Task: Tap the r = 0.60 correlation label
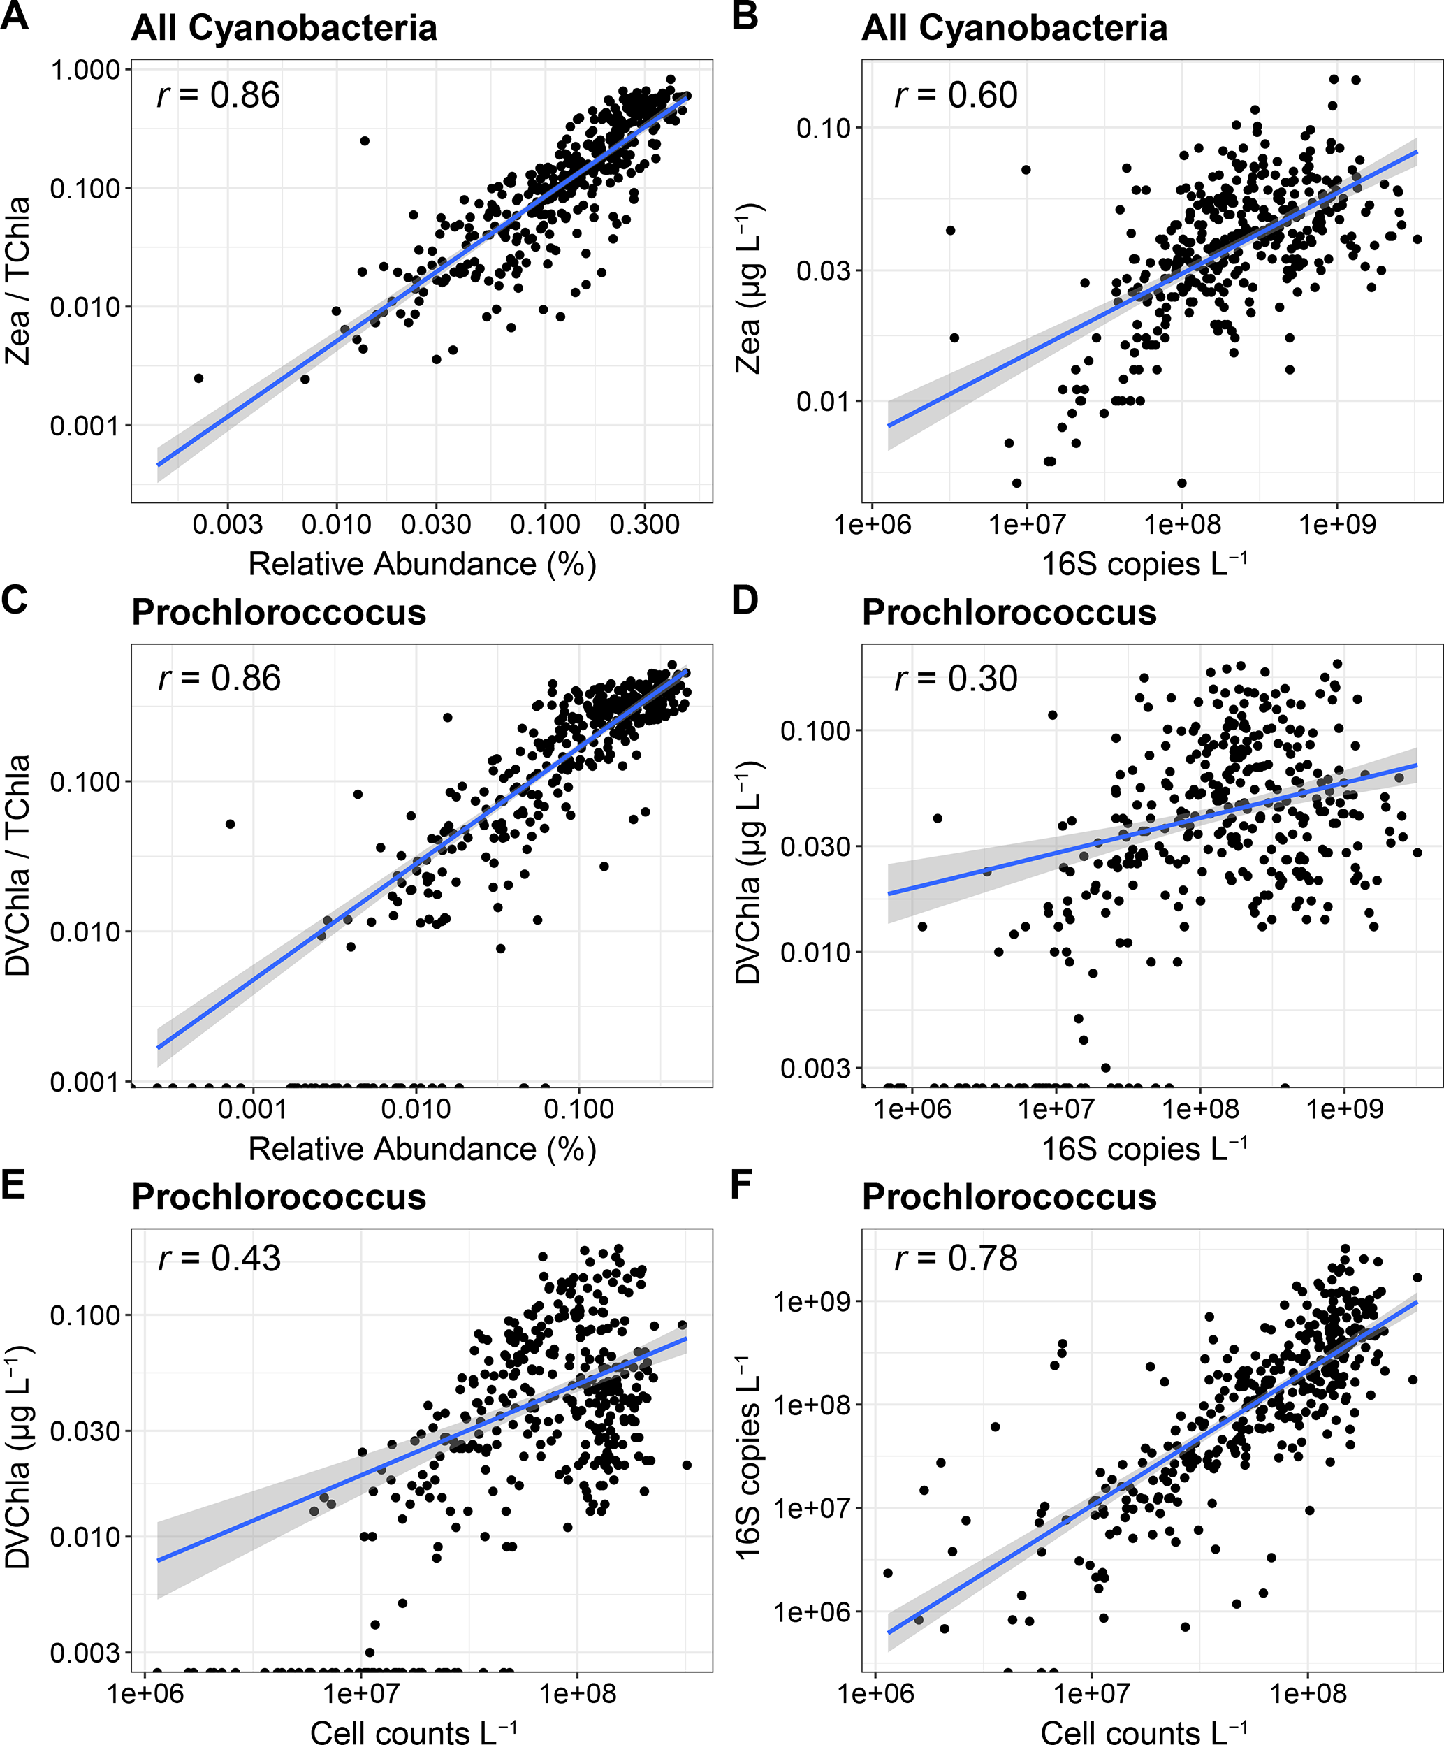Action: pyautogui.click(x=956, y=96)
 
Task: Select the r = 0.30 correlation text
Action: pyautogui.click(x=956, y=679)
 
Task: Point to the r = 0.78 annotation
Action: pyautogui.click(x=956, y=1258)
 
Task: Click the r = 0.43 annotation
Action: pyautogui.click(x=219, y=1258)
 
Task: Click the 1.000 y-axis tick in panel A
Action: pyautogui.click(x=85, y=70)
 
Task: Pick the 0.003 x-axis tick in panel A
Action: pyautogui.click(x=228, y=524)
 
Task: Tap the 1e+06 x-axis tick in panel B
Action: pyautogui.click(x=873, y=524)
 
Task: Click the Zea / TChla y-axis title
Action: pyautogui.click(x=17, y=281)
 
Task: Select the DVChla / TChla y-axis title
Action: pyautogui.click(x=17, y=864)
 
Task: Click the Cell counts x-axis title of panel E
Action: pyautogui.click(x=413, y=1732)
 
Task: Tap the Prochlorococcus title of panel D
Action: pyautogui.click(x=1009, y=612)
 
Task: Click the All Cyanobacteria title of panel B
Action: pyautogui.click(x=1014, y=28)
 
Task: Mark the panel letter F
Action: pyautogui.click(x=742, y=1184)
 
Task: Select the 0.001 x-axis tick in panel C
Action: pyautogui.click(x=253, y=1108)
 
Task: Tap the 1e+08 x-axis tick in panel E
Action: pyautogui.click(x=578, y=1693)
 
